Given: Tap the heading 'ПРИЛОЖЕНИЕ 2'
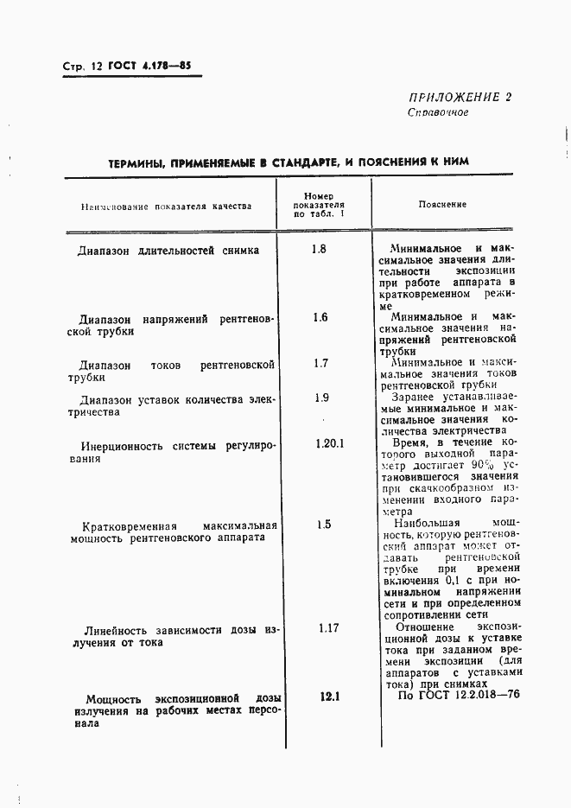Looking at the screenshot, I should click(x=459, y=97).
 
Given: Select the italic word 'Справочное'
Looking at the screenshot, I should click(x=438, y=112).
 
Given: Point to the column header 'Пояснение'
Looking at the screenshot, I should click(x=442, y=205).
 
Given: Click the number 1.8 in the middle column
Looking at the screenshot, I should click(x=319, y=250).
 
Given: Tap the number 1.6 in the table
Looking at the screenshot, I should click(x=319, y=317).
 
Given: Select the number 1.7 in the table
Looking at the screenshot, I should click(x=320, y=363).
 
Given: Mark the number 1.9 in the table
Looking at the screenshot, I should click(x=321, y=398).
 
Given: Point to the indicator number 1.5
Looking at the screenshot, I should click(x=323, y=524).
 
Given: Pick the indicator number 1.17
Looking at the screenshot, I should click(x=327, y=628).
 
